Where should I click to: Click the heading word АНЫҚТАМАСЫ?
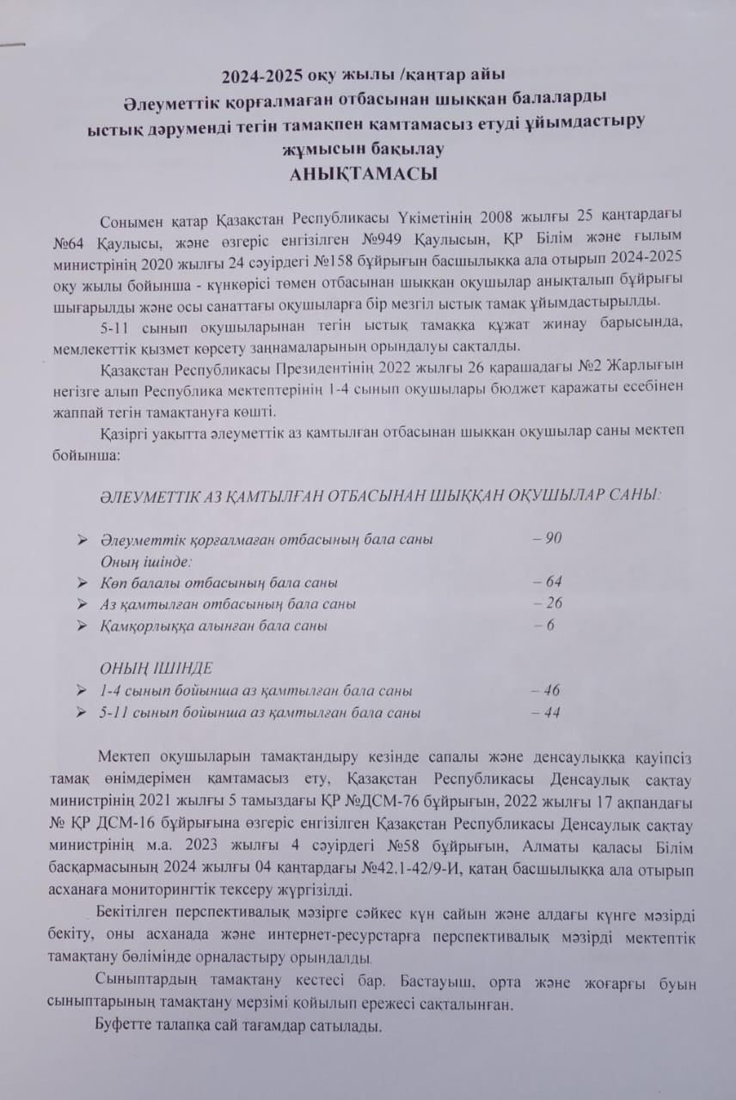tap(365, 173)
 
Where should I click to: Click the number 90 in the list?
tap(552, 539)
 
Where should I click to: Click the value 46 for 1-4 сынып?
tap(550, 690)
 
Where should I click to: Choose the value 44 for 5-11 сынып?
tap(550, 712)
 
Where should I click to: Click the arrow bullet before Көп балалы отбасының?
tap(82, 583)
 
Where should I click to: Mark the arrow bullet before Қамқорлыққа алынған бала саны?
tap(82, 626)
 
